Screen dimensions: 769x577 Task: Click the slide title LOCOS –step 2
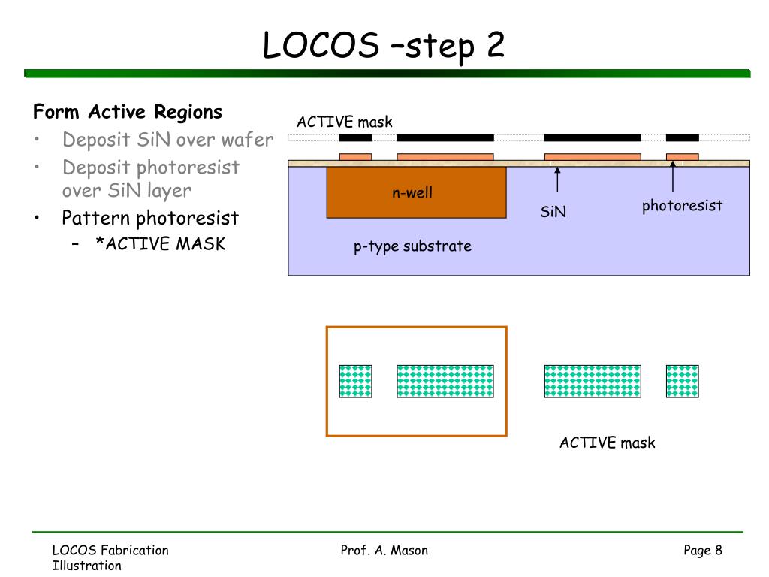(x=384, y=46)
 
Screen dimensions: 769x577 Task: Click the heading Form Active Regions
(x=128, y=112)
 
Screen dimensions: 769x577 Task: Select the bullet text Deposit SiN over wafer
(x=167, y=140)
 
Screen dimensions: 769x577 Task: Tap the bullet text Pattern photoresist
(x=150, y=219)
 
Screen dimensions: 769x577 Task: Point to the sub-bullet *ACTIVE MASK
(x=161, y=244)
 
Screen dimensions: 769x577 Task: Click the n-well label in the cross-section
(x=412, y=192)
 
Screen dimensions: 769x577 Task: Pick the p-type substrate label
(x=412, y=246)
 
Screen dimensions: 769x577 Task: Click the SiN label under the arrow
(x=553, y=211)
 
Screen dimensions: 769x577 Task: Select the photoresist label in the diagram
(x=682, y=206)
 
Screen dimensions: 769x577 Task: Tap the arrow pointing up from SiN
(x=557, y=180)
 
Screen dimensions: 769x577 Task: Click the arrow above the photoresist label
(x=672, y=177)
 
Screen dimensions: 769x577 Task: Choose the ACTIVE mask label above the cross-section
(x=344, y=122)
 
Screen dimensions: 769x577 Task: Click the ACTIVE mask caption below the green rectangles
(x=607, y=443)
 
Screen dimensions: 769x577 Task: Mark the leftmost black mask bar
(x=355, y=138)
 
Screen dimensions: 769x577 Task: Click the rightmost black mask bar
(x=682, y=138)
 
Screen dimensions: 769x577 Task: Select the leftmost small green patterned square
(x=355, y=381)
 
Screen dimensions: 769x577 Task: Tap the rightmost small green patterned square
(x=682, y=381)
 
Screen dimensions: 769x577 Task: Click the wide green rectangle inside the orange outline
(x=445, y=381)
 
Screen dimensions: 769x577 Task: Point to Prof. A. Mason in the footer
(x=384, y=551)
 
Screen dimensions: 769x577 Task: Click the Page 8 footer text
(x=703, y=551)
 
